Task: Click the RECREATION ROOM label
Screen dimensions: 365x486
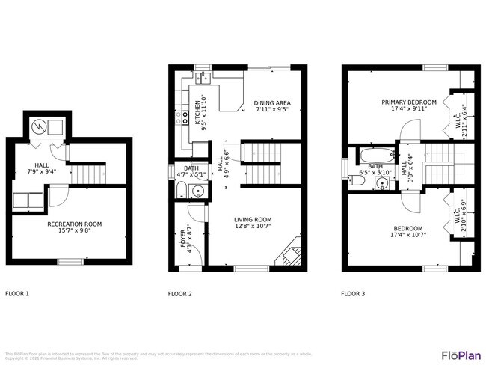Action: pos(74,224)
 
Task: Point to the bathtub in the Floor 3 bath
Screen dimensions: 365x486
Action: pos(372,158)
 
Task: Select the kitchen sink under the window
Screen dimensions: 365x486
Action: pos(203,77)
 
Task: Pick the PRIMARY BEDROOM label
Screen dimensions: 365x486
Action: pos(408,102)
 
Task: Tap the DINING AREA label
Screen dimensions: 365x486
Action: pos(271,103)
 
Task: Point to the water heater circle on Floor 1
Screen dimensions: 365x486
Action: pos(40,124)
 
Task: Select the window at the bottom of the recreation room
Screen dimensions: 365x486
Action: pos(70,261)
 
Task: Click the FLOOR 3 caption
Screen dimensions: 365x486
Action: pos(353,294)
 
